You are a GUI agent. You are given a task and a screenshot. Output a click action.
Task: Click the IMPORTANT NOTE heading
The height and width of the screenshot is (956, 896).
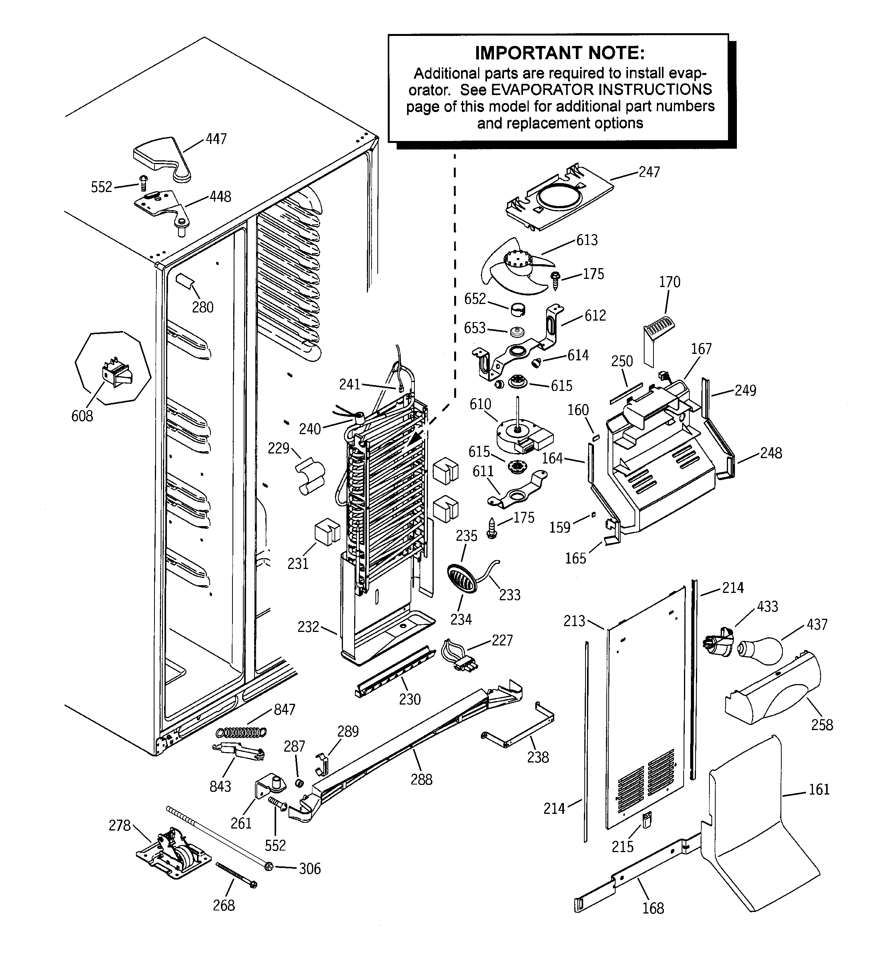point(559,53)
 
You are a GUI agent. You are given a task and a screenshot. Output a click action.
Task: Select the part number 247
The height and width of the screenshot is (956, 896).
point(649,172)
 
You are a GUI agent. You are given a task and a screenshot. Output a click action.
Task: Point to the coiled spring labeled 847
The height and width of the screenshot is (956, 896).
point(241,732)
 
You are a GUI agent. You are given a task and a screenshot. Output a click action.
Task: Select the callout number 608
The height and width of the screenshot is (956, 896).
point(82,416)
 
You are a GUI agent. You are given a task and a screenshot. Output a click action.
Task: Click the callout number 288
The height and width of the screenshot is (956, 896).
point(421,779)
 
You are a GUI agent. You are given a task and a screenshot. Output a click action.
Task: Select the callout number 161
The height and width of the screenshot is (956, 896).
point(819,789)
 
